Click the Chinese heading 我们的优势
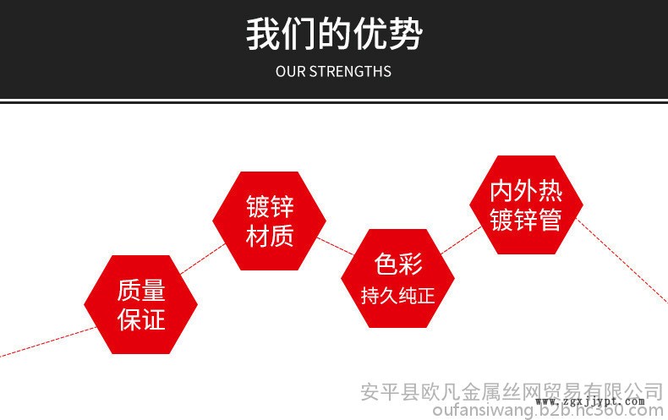[x=334, y=35]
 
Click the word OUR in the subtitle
[x=290, y=72]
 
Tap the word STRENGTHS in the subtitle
[x=350, y=72]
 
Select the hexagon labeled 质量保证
[x=140, y=304]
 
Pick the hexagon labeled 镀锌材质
[x=269, y=221]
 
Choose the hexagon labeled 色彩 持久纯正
[x=397, y=278]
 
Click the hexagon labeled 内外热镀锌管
[x=526, y=205]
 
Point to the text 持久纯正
[x=397, y=296]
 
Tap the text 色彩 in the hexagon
[x=397, y=264]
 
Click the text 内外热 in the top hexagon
[x=526, y=190]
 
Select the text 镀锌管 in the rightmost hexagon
[x=526, y=220]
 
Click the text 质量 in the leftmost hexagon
[x=140, y=290]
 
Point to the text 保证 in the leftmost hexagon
[x=140, y=319]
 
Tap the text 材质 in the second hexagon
[x=269, y=237]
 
